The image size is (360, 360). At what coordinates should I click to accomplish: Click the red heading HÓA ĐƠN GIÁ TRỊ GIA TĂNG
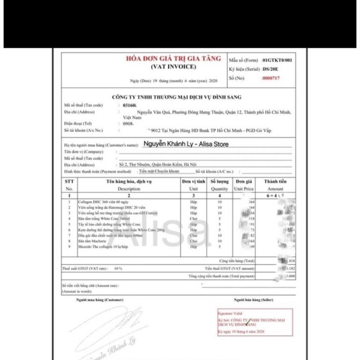(x=173, y=59)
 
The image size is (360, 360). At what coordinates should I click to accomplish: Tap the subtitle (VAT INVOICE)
(x=173, y=67)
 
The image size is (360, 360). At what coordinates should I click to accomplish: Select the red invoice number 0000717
(x=270, y=78)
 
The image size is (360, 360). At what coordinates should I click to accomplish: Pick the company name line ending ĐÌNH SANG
(x=177, y=97)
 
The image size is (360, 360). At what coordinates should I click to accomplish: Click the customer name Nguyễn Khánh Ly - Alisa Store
(x=186, y=144)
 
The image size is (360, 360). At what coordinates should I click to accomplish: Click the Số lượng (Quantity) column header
(x=219, y=185)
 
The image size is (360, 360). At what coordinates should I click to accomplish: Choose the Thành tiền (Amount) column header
(x=275, y=185)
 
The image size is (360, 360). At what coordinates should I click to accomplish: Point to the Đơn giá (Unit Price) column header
(x=244, y=185)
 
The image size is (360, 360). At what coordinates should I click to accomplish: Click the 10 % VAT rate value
(x=118, y=269)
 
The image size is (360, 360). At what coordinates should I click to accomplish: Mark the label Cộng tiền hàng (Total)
(x=237, y=261)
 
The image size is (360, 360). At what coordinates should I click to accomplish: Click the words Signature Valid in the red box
(x=229, y=313)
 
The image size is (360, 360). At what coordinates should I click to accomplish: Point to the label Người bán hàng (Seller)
(x=253, y=300)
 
